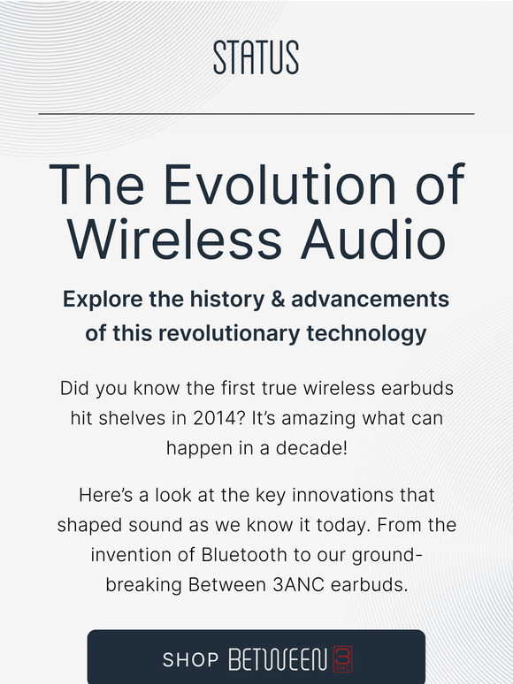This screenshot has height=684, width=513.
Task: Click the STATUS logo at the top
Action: click(x=256, y=57)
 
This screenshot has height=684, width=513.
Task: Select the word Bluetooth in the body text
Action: click(x=248, y=554)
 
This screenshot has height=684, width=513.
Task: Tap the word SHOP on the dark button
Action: click(x=190, y=660)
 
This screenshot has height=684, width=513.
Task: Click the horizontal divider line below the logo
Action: click(x=256, y=114)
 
